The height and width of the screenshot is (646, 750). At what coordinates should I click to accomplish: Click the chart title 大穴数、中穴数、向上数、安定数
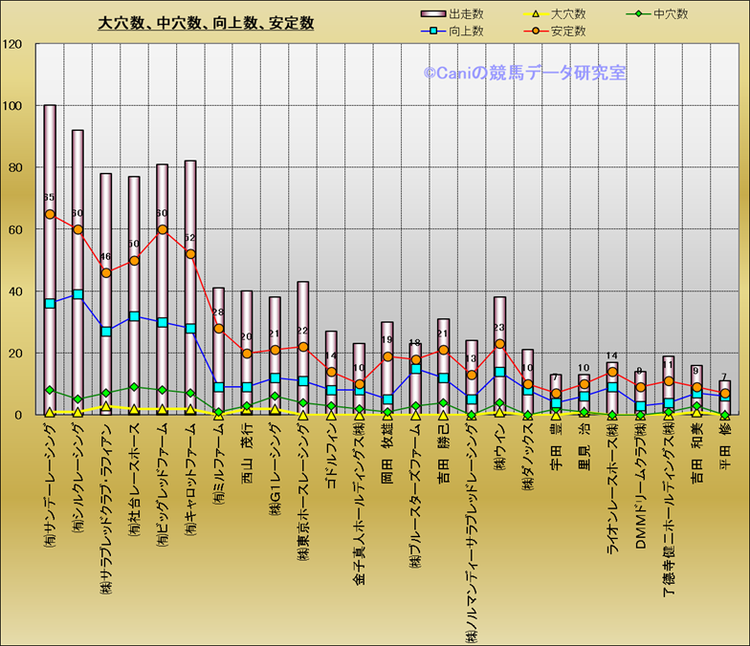pos(206,23)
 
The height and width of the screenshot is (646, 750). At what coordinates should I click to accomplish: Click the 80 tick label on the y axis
pos(15,167)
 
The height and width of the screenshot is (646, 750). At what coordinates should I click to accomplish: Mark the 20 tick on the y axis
pos(15,354)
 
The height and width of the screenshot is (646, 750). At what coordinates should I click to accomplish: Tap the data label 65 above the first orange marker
pos(50,198)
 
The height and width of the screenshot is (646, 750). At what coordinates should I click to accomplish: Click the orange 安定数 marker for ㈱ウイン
pos(499,344)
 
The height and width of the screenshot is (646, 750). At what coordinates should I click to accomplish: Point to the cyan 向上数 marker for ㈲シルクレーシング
pos(77,294)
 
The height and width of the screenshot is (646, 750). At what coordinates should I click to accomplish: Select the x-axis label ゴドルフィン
pos(331,460)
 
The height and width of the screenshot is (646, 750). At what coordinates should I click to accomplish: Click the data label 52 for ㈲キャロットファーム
pos(190,238)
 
